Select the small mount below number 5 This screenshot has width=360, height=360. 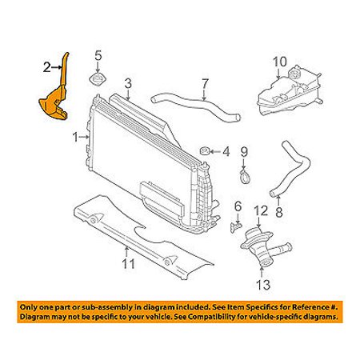coord(98,79)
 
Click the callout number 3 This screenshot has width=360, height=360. coord(128,83)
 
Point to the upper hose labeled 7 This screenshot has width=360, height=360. coord(196,108)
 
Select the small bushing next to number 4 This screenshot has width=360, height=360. coord(204,151)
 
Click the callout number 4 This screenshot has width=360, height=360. coord(226,152)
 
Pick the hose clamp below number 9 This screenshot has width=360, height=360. coord(244,177)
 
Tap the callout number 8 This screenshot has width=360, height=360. coord(279,212)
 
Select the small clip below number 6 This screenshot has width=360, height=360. coord(235,227)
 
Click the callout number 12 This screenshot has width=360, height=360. coord(261,210)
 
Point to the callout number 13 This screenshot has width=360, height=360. coord(263,285)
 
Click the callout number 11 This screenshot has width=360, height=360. coord(129,264)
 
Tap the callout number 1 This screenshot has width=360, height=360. coord(75,138)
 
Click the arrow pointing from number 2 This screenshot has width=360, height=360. coord(57,68)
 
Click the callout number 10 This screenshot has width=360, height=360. coord(280,62)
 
